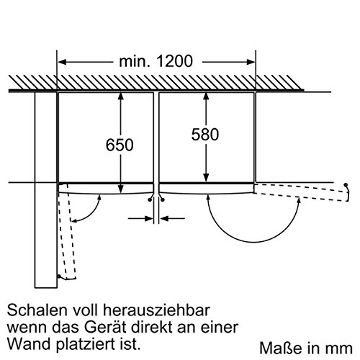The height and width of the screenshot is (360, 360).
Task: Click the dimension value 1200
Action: tap(174, 61)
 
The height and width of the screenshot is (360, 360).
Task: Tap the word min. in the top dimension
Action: tap(134, 61)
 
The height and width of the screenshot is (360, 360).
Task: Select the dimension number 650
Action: tap(120, 145)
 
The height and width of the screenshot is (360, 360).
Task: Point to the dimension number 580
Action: tap(205, 135)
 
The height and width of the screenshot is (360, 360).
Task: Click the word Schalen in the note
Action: tap(37, 310)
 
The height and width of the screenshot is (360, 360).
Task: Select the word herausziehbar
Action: tap(156, 310)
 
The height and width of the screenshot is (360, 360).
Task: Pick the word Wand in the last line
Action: tap(27, 345)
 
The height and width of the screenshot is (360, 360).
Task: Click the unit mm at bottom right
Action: tap(341, 349)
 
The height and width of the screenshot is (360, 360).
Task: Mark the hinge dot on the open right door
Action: tap(346, 185)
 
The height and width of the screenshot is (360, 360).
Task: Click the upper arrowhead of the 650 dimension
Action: tap(120, 96)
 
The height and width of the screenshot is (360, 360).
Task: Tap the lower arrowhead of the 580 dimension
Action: tap(206, 179)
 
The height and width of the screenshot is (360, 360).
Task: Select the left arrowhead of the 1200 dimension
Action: tap(62, 62)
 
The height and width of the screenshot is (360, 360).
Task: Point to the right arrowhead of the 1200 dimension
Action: tap(251, 62)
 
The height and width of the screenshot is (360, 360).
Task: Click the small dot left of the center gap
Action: tap(150, 199)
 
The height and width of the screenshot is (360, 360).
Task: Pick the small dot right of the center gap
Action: tap(163, 199)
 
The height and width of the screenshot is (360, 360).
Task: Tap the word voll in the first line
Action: tap(85, 310)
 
